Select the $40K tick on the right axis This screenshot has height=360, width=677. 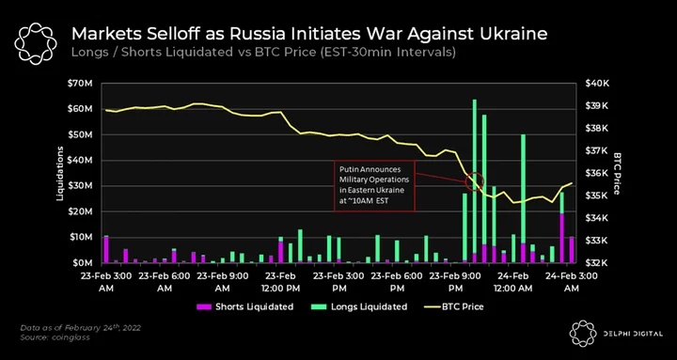[597, 84]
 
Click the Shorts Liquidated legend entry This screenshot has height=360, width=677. [244, 307]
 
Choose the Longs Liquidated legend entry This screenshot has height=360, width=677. [359, 307]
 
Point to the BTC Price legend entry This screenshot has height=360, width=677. [453, 307]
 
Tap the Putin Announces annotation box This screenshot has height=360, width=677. [374, 186]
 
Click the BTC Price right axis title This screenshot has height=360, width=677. [616, 174]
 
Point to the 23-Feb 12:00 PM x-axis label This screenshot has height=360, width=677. [280, 282]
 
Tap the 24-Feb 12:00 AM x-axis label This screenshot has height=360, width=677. [516, 282]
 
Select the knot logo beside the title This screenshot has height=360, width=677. [36, 42]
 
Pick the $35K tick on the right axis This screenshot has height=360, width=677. [597, 196]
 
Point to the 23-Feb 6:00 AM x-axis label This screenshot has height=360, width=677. [164, 282]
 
